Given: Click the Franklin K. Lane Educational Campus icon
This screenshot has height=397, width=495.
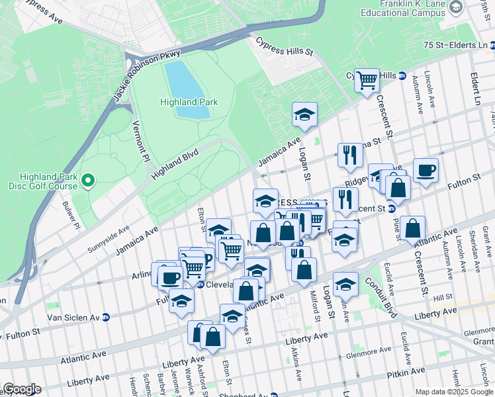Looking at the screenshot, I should [x=456, y=7].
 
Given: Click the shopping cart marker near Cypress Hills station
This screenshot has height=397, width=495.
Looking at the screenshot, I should [x=367, y=81].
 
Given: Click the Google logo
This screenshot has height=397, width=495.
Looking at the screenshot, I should [x=22, y=389].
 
